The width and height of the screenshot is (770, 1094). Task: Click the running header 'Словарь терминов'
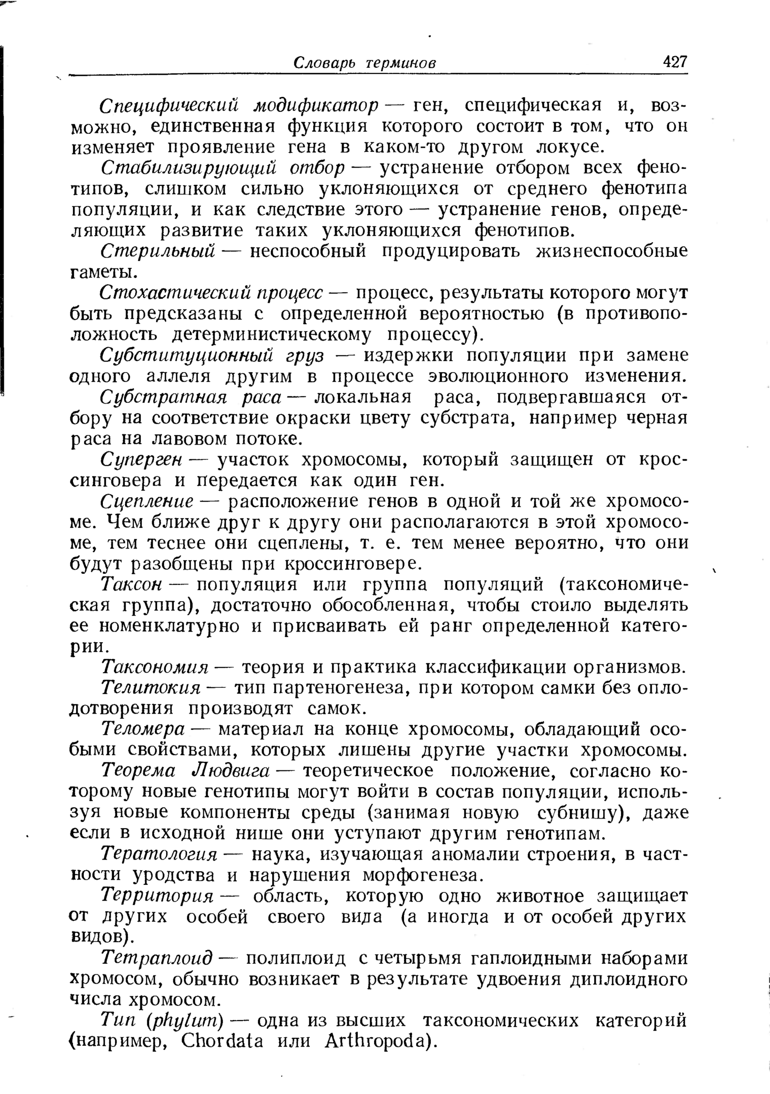click(x=365, y=63)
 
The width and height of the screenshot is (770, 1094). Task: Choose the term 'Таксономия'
click(x=155, y=667)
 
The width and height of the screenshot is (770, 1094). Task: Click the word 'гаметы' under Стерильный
click(x=103, y=272)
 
